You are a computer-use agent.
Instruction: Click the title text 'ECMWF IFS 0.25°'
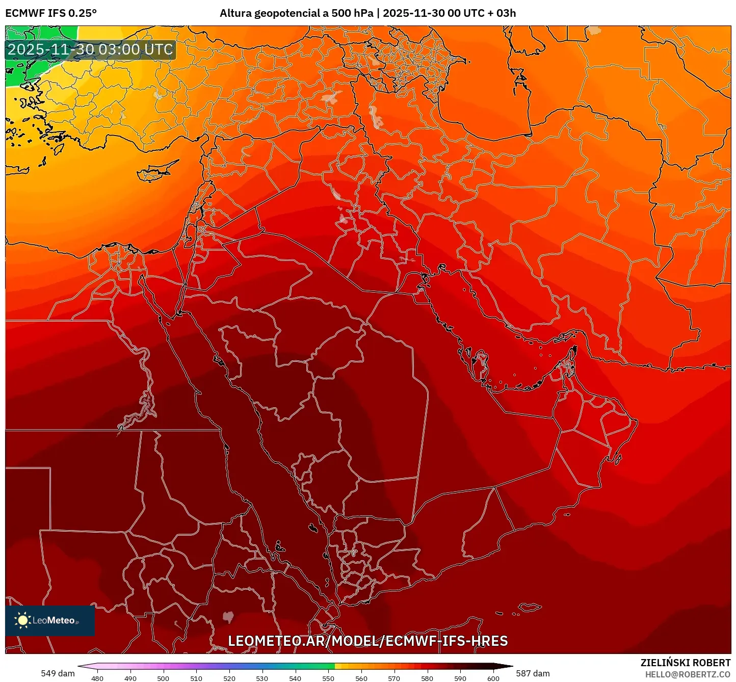[x=51, y=13]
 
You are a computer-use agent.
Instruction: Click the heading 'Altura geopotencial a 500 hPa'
[x=297, y=13]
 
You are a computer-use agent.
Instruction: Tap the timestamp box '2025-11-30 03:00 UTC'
[x=90, y=50]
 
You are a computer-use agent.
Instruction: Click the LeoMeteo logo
[x=50, y=620]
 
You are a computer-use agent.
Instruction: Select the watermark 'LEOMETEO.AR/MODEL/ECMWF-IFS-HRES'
[x=367, y=641]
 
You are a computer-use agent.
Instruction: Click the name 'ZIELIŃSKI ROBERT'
[x=686, y=663]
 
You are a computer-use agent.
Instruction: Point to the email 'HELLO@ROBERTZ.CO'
[x=688, y=674]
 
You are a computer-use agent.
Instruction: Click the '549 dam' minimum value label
[x=58, y=673]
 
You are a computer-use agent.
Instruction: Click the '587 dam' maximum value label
[x=533, y=673]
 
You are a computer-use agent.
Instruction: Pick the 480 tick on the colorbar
[x=97, y=678]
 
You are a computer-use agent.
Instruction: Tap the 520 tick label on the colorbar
[x=229, y=678]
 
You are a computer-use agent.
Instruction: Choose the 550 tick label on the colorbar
[x=328, y=678]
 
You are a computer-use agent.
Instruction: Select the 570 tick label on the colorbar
[x=394, y=678]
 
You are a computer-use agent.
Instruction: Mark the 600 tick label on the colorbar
[x=493, y=678]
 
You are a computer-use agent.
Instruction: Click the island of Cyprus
[x=155, y=172]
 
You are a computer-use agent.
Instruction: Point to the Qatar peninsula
[x=480, y=362]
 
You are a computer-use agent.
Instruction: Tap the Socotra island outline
[x=530, y=607]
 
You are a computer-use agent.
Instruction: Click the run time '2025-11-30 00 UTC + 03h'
[x=449, y=13]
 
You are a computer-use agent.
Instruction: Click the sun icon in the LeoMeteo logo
[x=22, y=620]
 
